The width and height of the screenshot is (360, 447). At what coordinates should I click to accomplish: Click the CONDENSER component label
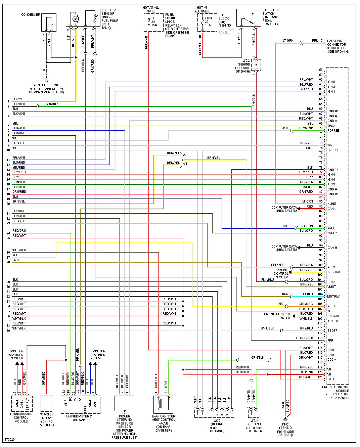click(x=31, y=15)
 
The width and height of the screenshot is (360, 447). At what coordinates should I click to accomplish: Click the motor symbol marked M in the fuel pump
click(x=76, y=19)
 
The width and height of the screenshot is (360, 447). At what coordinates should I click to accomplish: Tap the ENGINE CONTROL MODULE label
click(x=335, y=391)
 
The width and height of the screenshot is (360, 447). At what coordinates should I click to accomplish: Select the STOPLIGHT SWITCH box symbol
click(x=249, y=18)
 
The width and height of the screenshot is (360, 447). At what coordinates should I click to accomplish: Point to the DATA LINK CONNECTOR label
click(x=337, y=46)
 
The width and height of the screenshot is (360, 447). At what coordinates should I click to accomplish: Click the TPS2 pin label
click(x=331, y=126)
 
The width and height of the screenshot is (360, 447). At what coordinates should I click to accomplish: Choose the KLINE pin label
click(x=332, y=204)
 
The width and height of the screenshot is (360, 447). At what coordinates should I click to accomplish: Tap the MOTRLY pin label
click(x=333, y=297)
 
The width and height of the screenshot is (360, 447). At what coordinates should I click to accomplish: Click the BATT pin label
click(x=331, y=379)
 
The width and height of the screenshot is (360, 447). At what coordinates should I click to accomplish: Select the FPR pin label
click(x=330, y=341)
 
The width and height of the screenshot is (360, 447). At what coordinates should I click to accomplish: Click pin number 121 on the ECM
click(x=320, y=377)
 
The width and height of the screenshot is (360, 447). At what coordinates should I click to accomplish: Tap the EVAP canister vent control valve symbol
click(x=163, y=404)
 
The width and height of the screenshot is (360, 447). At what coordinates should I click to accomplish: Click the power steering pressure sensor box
click(x=124, y=403)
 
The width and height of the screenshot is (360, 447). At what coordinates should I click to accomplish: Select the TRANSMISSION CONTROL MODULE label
click(x=21, y=417)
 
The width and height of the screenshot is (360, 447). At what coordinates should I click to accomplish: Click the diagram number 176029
click(x=10, y=439)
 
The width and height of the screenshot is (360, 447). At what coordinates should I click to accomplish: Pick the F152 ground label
click(x=285, y=424)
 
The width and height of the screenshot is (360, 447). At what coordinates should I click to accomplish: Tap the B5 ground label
click(x=46, y=82)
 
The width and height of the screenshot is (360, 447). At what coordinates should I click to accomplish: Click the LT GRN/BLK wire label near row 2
click(x=50, y=104)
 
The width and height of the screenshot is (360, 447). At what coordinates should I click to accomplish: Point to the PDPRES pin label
click(x=333, y=131)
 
